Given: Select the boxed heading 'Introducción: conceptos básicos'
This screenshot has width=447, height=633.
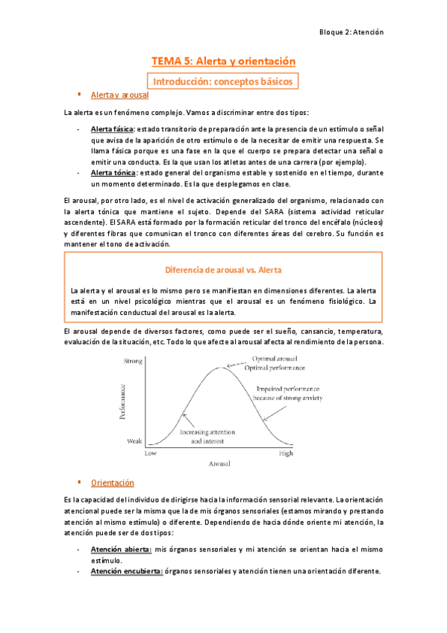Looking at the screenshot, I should [224, 81].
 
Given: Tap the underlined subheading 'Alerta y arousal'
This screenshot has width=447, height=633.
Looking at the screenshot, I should [119, 96].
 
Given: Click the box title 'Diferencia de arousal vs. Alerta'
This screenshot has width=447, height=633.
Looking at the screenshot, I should [224, 269].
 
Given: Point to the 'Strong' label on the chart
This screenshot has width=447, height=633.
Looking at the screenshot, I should [132, 361].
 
